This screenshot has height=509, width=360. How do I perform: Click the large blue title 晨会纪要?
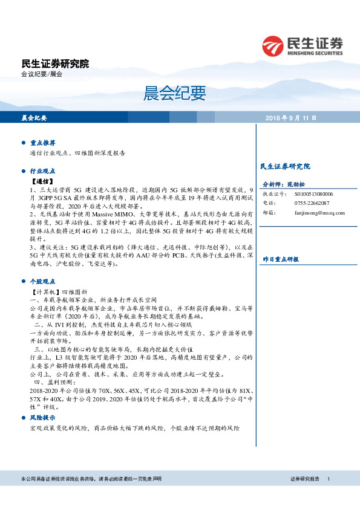(175, 93)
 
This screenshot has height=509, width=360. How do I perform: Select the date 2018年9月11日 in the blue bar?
(290, 118)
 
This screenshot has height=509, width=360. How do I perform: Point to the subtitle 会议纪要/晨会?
(42, 74)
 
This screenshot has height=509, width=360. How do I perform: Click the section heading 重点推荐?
(43, 143)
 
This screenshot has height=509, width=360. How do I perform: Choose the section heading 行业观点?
(43, 171)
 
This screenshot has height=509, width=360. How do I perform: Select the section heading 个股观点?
(43, 281)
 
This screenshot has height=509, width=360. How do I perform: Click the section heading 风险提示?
(43, 418)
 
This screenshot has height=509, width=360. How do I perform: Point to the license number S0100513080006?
(314, 194)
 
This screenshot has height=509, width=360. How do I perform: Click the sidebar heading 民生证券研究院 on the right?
(284, 166)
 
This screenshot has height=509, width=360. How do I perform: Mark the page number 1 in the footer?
(328, 479)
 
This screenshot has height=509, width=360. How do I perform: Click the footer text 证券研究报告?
(305, 479)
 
